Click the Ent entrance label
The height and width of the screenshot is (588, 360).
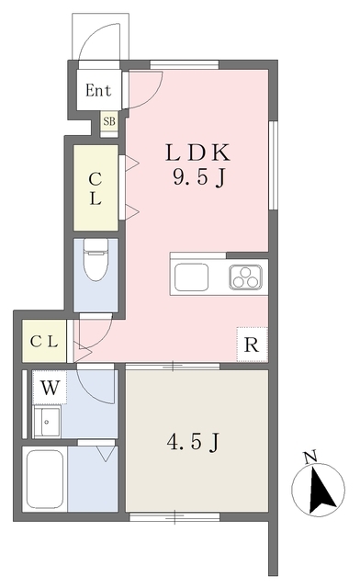[x=98, y=90]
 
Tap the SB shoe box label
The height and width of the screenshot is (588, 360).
[x=109, y=121]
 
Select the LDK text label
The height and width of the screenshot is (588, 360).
[x=197, y=153]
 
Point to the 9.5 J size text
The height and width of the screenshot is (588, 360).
[x=198, y=176]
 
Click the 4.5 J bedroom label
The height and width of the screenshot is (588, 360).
[x=193, y=442]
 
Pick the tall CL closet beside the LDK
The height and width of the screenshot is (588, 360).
[x=96, y=187]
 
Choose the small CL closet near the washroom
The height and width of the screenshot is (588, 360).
[x=44, y=341]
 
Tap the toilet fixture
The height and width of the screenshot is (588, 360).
[x=96, y=259]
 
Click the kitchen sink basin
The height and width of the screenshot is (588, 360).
[x=192, y=277]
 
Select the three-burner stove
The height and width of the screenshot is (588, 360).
[x=245, y=277]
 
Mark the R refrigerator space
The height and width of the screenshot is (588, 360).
[x=252, y=345]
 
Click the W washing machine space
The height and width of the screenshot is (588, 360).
[x=50, y=388]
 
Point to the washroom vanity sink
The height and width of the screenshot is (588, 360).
[x=47, y=422]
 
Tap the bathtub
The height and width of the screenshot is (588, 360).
[x=45, y=479]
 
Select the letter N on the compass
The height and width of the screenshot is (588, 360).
[x=310, y=458]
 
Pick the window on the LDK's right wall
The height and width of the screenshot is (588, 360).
[x=274, y=165]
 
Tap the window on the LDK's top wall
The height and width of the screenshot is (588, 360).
[x=184, y=64]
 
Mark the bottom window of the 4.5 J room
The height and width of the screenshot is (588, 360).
[x=174, y=517]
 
